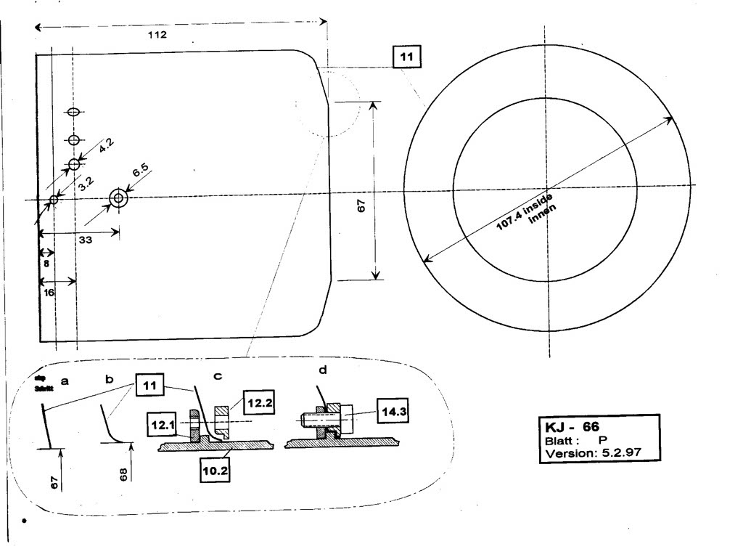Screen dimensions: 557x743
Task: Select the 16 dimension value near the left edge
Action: click(x=49, y=292)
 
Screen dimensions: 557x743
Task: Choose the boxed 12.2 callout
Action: click(x=258, y=401)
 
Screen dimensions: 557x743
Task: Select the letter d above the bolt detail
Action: click(x=323, y=370)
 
